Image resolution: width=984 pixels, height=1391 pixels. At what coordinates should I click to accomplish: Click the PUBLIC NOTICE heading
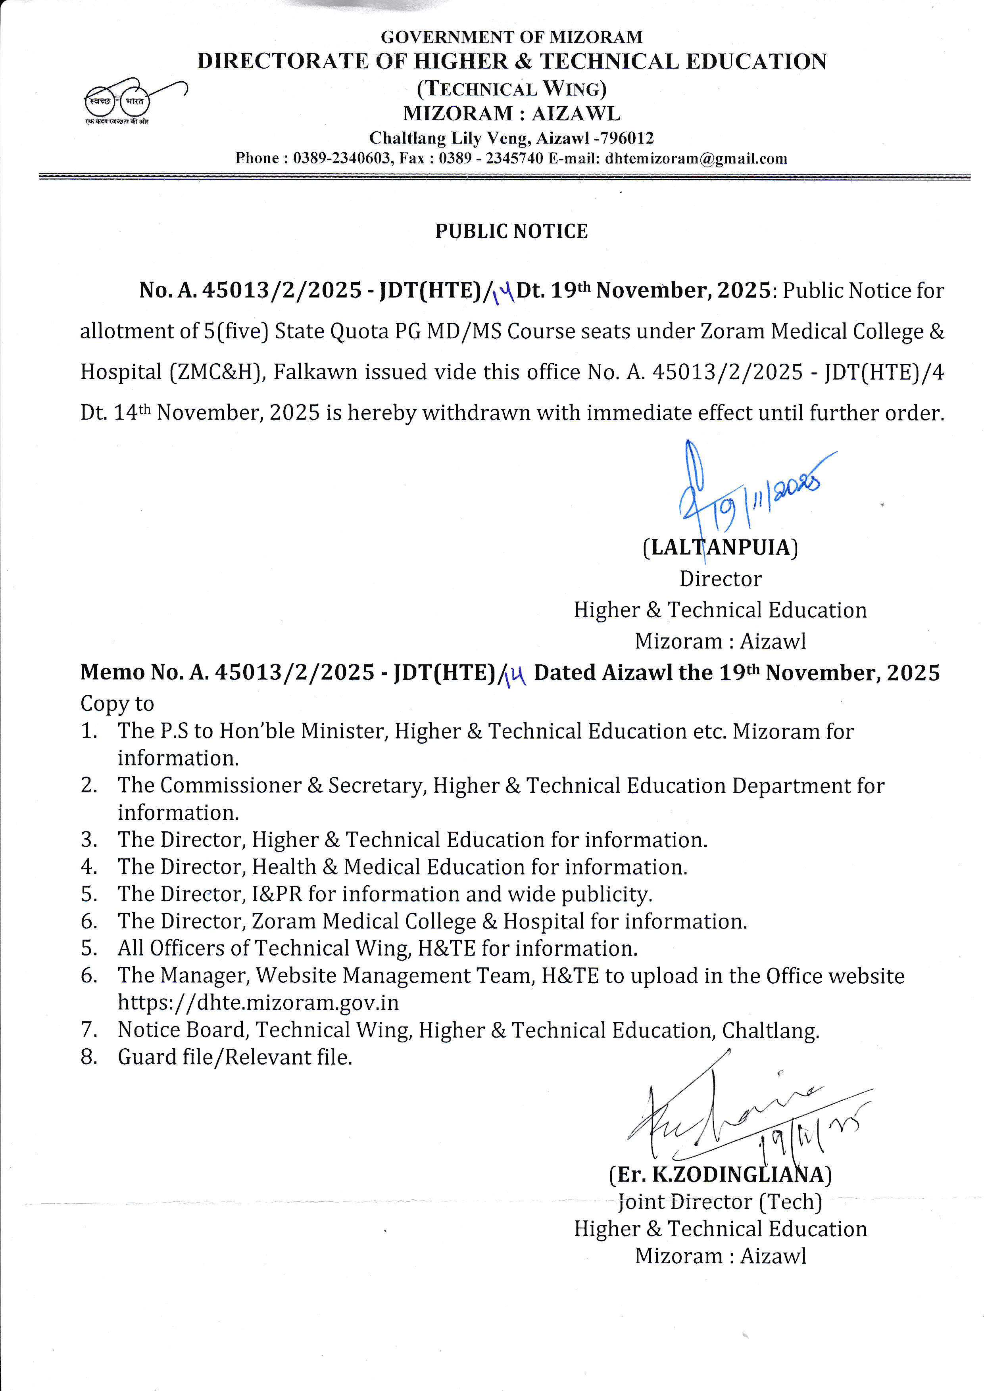pos(511,231)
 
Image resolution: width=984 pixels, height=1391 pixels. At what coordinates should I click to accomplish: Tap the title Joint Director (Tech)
pos(720,1201)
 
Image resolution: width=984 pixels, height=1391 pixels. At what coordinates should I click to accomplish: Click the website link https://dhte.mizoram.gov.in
pos(258,1003)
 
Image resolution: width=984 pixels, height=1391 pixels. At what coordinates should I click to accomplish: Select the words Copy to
pos(117,703)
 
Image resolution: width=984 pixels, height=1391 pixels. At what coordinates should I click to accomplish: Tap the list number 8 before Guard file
pos(88,1057)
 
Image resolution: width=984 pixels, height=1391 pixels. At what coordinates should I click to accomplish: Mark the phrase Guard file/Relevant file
pos(235,1057)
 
